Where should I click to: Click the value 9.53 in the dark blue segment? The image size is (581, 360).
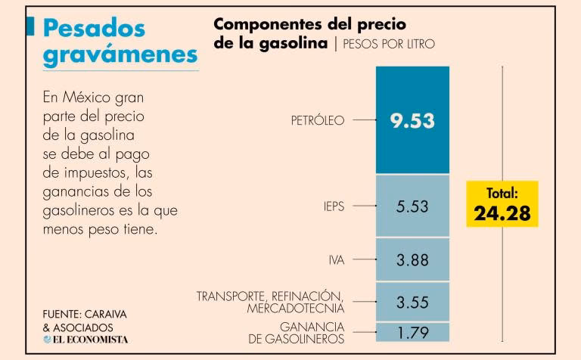[x=412, y=121]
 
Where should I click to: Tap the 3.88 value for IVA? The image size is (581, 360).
[x=412, y=260]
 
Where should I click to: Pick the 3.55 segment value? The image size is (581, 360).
[x=412, y=303]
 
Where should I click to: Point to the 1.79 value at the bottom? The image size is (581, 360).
[x=412, y=331]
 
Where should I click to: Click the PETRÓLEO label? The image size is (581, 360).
[x=318, y=120]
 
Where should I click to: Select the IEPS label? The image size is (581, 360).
[x=333, y=205]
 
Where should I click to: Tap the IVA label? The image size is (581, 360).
[x=337, y=260]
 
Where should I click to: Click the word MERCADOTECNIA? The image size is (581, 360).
[x=296, y=309]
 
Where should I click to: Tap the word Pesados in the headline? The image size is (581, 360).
[x=93, y=27]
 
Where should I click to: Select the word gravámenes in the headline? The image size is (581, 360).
[x=120, y=54]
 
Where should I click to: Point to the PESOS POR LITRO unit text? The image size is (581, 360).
[x=389, y=44]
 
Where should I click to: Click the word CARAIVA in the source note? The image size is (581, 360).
[x=111, y=313]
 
